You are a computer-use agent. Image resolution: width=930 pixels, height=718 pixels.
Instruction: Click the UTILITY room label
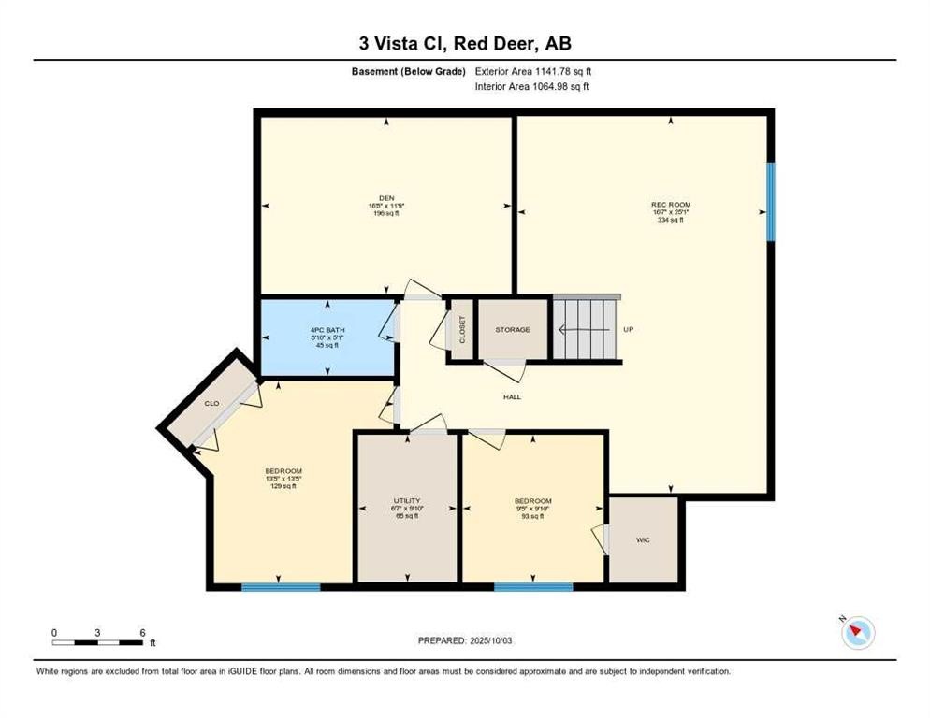pos(406,500)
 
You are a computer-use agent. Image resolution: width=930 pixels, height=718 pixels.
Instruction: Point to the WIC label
pos(643,539)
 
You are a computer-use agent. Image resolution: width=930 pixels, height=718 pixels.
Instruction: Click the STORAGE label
pos(513,330)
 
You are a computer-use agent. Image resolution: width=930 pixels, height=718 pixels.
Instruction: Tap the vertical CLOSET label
pos(461,330)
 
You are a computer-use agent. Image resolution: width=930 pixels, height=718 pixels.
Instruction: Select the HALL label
pos(512,397)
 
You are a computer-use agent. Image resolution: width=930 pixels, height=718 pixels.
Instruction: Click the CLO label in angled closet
pos(212,404)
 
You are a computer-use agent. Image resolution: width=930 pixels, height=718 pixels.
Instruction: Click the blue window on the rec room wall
pos(771,202)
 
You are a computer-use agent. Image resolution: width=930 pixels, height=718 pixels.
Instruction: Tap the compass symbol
pos(857,633)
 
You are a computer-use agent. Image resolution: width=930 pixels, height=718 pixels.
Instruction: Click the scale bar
pos(97,643)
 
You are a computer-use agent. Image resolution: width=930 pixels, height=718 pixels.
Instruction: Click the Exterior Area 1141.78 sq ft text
pos(533,71)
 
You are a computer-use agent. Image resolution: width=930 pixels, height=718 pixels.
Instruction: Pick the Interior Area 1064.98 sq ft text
pos(532,87)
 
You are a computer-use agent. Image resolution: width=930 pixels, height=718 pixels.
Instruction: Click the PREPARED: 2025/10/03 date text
pos(464,640)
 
